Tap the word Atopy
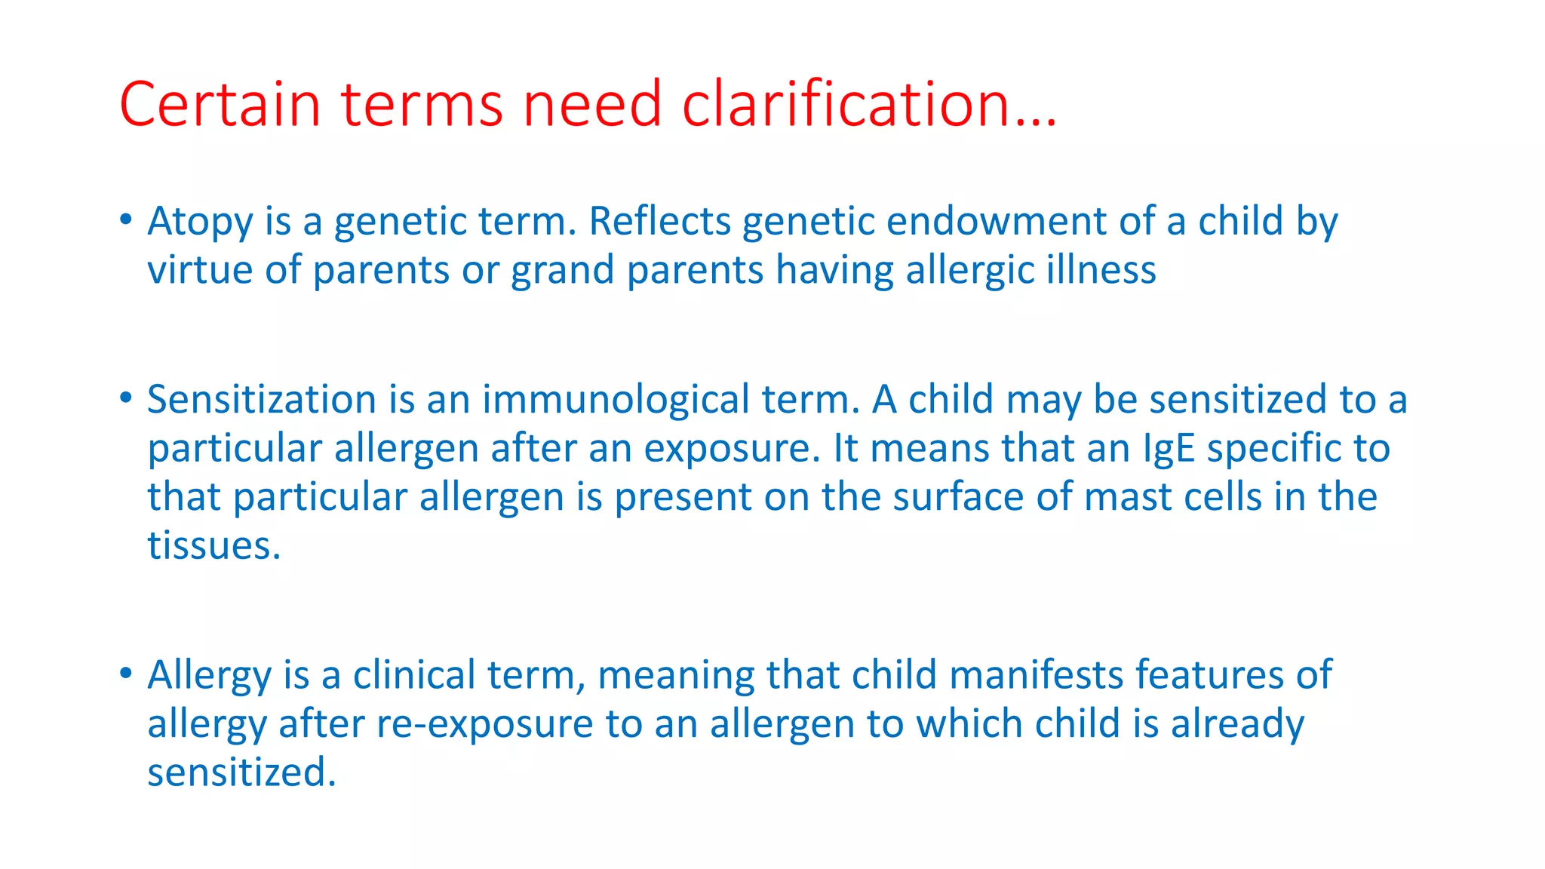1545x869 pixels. (x=200, y=223)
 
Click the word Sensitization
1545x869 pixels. (x=261, y=400)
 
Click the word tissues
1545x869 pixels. (x=213, y=546)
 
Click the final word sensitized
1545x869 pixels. (x=241, y=773)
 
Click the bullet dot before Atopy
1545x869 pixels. (x=125, y=220)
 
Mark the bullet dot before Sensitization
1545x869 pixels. (x=125, y=398)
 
